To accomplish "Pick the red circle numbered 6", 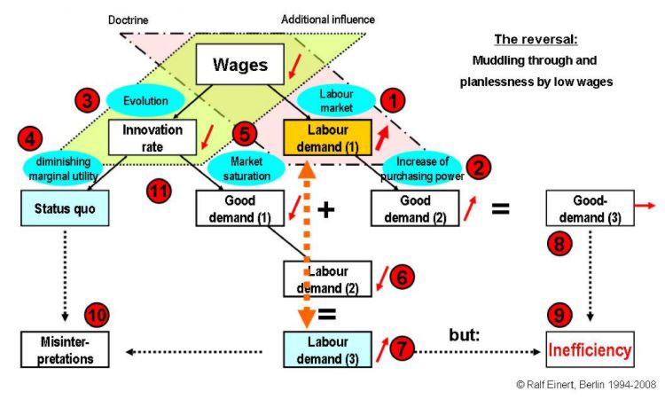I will (x=400, y=276).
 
